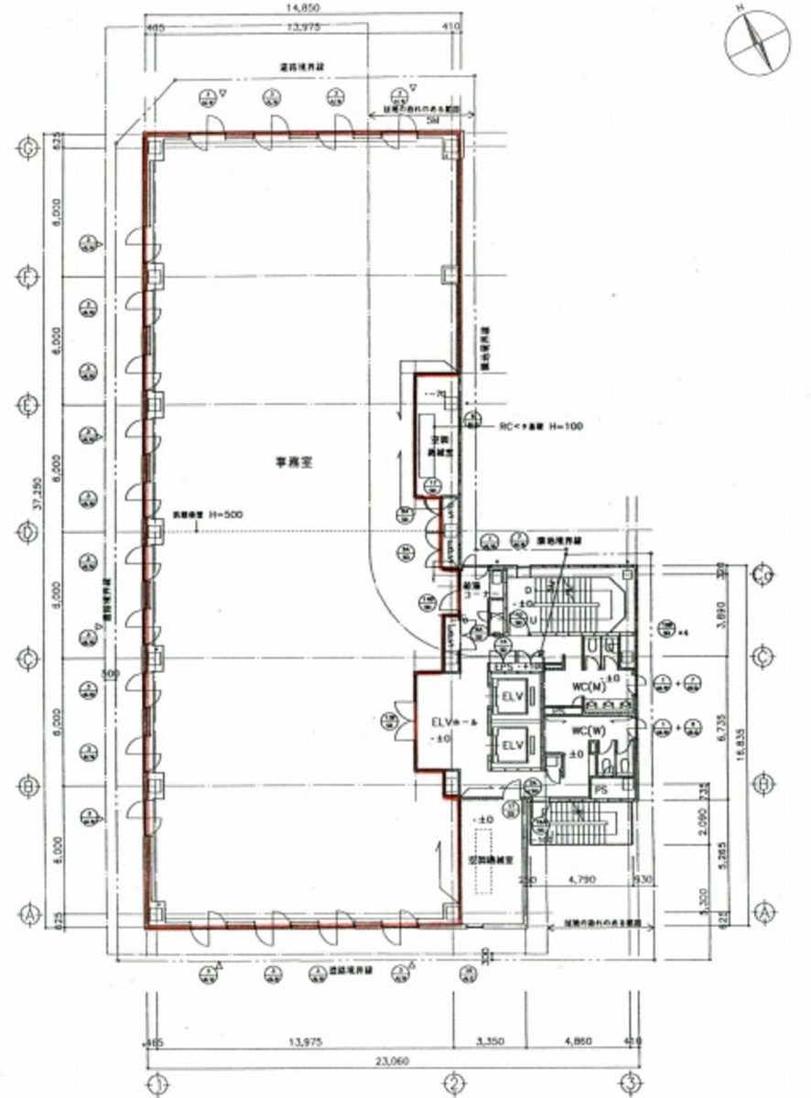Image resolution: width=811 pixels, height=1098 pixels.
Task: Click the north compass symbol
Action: point(758,38)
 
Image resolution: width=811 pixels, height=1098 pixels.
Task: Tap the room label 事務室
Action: point(296,463)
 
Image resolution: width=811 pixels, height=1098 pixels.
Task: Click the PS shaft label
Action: point(600,788)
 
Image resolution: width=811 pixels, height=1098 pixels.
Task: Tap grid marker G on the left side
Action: point(28,147)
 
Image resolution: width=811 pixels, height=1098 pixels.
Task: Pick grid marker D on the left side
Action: point(28,532)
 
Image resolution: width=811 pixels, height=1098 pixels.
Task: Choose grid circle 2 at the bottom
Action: point(452,1082)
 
